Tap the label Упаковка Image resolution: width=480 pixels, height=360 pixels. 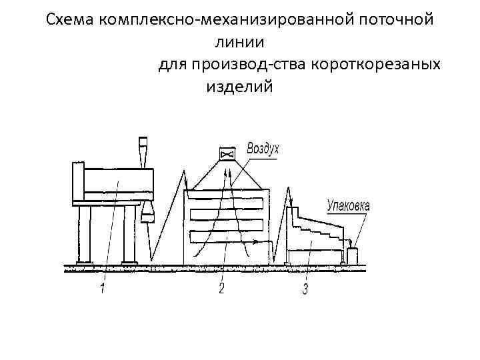click(x=348, y=205)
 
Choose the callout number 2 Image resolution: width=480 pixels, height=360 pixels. click(x=221, y=289)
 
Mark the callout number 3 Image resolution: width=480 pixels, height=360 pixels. click(x=305, y=289)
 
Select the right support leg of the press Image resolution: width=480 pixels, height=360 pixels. click(x=129, y=235)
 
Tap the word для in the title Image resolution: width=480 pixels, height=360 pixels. click(x=173, y=65)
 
